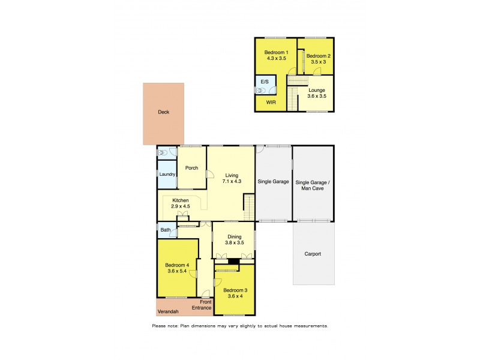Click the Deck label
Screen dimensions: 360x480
tap(163, 112)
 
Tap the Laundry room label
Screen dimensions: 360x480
tap(167, 175)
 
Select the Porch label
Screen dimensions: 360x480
tap(191, 168)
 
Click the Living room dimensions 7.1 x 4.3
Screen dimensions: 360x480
tap(231, 181)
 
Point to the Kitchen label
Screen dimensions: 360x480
tap(181, 200)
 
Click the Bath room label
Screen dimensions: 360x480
tap(165, 230)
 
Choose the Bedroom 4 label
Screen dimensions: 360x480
tap(178, 265)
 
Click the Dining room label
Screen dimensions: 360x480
tap(234, 236)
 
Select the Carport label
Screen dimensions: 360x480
tap(312, 254)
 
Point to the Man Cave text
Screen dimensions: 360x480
tap(313, 187)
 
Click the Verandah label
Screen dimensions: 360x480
tap(167, 311)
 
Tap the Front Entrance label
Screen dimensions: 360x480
tap(202, 305)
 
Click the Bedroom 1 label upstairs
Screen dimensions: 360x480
tap(277, 53)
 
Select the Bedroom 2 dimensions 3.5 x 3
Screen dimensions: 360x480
tap(318, 62)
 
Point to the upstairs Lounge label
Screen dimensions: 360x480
tap(316, 90)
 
